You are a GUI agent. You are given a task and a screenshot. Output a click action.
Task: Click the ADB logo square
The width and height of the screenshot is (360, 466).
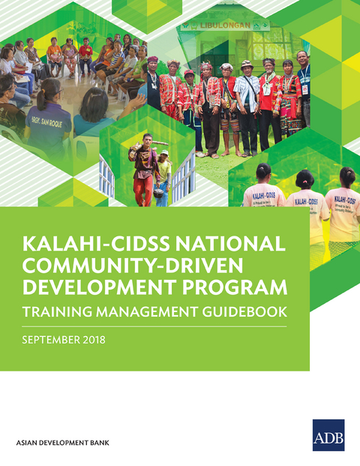click(328, 435)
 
